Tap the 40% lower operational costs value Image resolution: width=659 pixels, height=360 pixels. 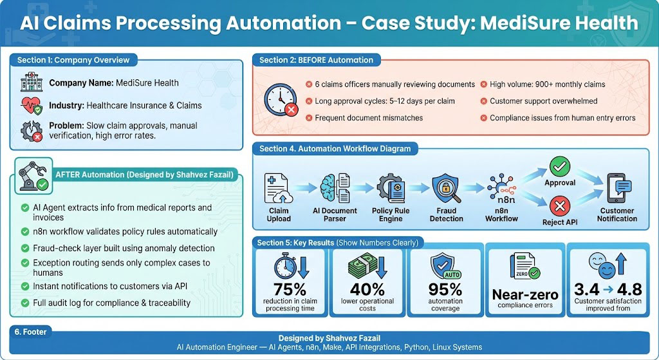367,290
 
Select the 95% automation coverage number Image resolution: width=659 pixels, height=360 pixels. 445,290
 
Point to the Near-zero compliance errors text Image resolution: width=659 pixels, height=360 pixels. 525,295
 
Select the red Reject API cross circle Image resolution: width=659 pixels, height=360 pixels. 560,207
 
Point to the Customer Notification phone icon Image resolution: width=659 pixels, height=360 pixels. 617,187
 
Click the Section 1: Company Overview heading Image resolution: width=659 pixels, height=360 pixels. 73,60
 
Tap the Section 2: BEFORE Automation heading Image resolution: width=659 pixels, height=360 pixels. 316,60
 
